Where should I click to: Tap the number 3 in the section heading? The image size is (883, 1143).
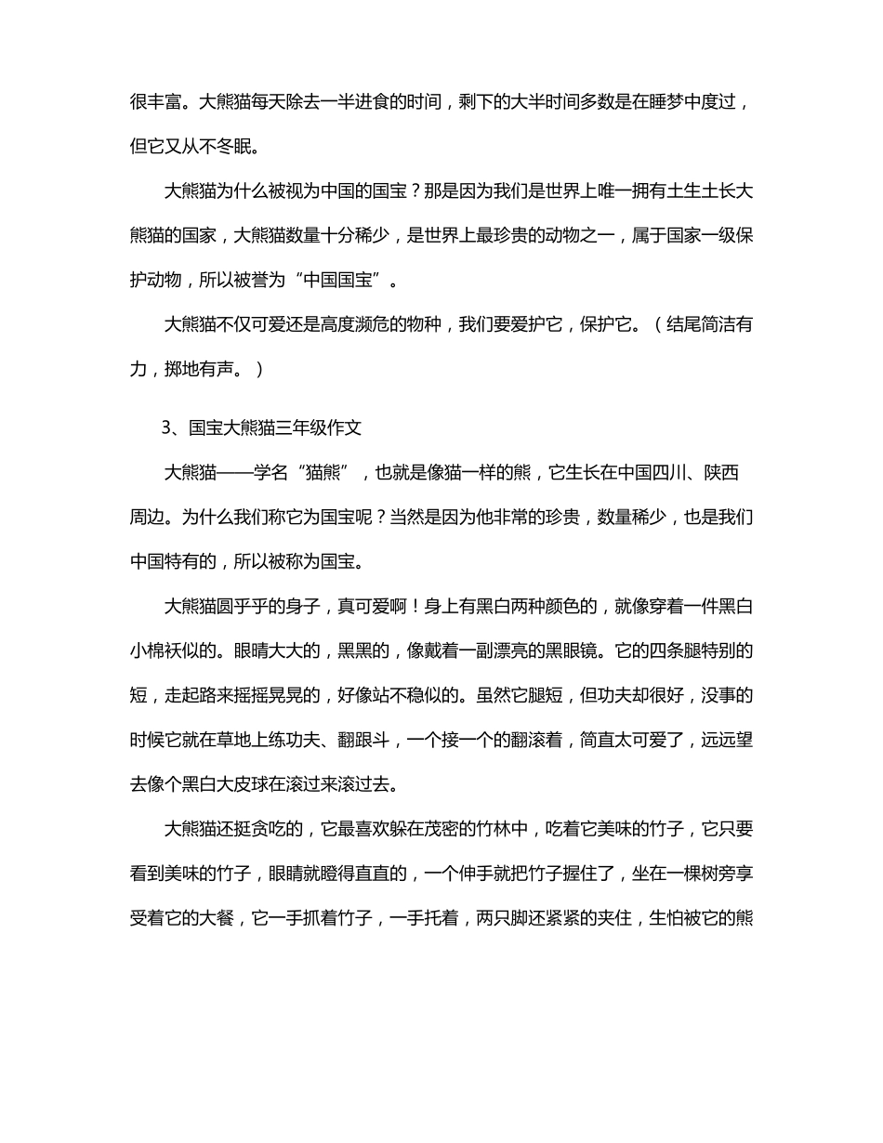[167, 428]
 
